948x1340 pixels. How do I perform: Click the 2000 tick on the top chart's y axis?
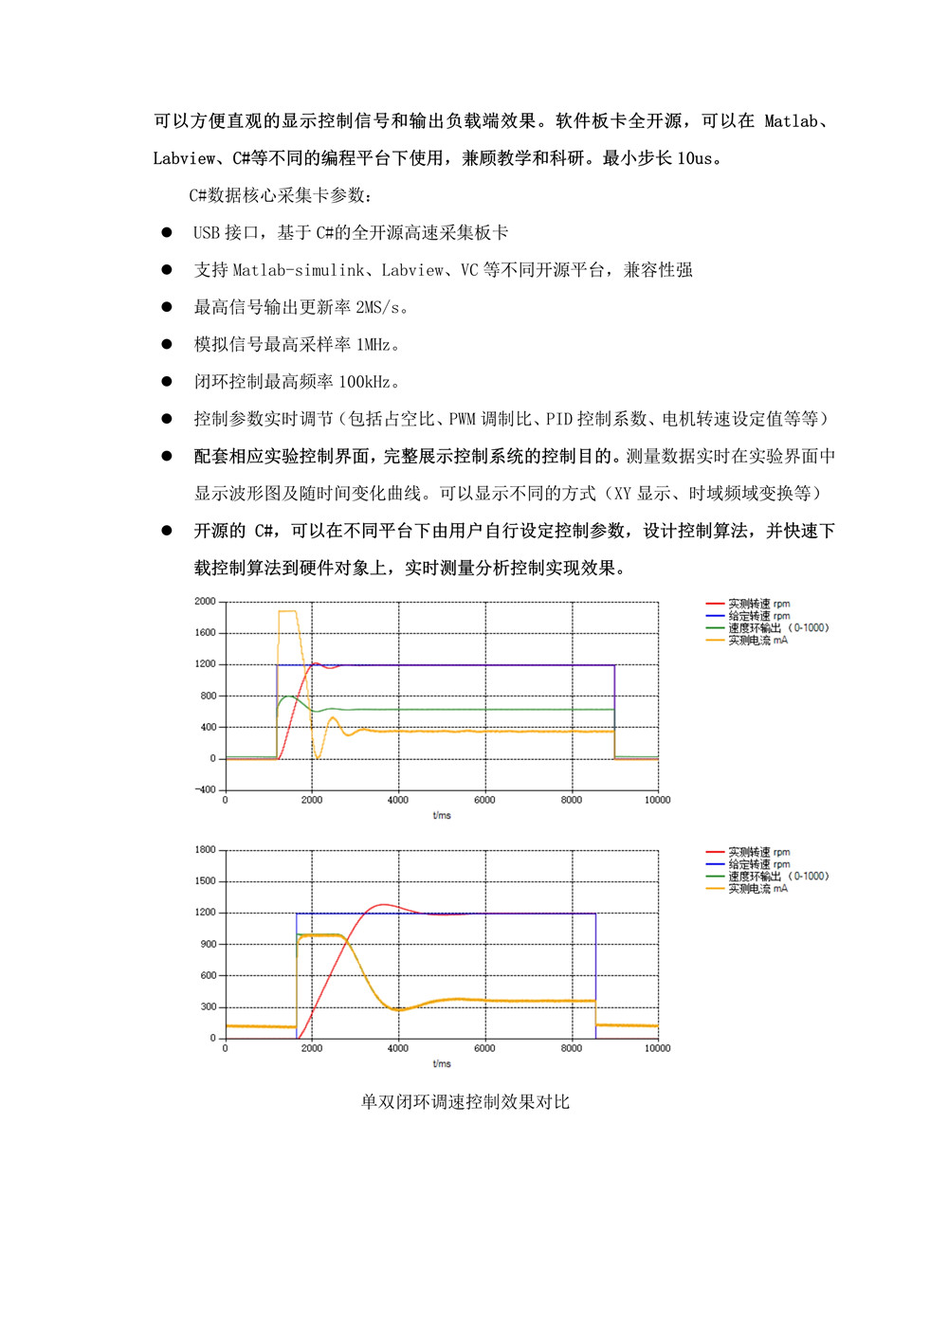coord(205,601)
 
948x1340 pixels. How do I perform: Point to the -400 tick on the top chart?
coord(205,789)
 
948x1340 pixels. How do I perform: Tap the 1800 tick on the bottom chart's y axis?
coord(205,850)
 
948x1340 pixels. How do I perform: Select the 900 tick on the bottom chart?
coord(209,944)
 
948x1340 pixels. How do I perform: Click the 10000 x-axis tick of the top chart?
coord(657,800)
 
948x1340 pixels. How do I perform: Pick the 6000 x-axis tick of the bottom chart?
coord(484,1048)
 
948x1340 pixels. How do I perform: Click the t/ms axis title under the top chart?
coord(442,815)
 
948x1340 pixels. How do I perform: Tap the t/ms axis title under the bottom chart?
coord(442,1063)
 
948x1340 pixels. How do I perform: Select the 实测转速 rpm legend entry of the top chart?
coord(758,604)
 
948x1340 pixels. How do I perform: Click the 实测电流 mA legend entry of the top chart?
coord(757,641)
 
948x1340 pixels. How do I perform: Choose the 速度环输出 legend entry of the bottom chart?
coord(777,877)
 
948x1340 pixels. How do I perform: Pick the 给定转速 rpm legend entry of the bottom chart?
coord(758,864)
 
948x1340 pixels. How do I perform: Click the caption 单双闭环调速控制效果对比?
coord(465,1102)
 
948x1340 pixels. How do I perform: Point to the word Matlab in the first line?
coord(791,121)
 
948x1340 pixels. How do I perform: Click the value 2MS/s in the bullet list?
coord(378,307)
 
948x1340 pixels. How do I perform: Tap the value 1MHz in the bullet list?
coord(373,344)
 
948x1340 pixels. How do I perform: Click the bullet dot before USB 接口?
coord(167,232)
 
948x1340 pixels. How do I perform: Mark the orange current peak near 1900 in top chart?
coord(287,611)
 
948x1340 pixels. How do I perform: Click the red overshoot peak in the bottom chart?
coord(382,905)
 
